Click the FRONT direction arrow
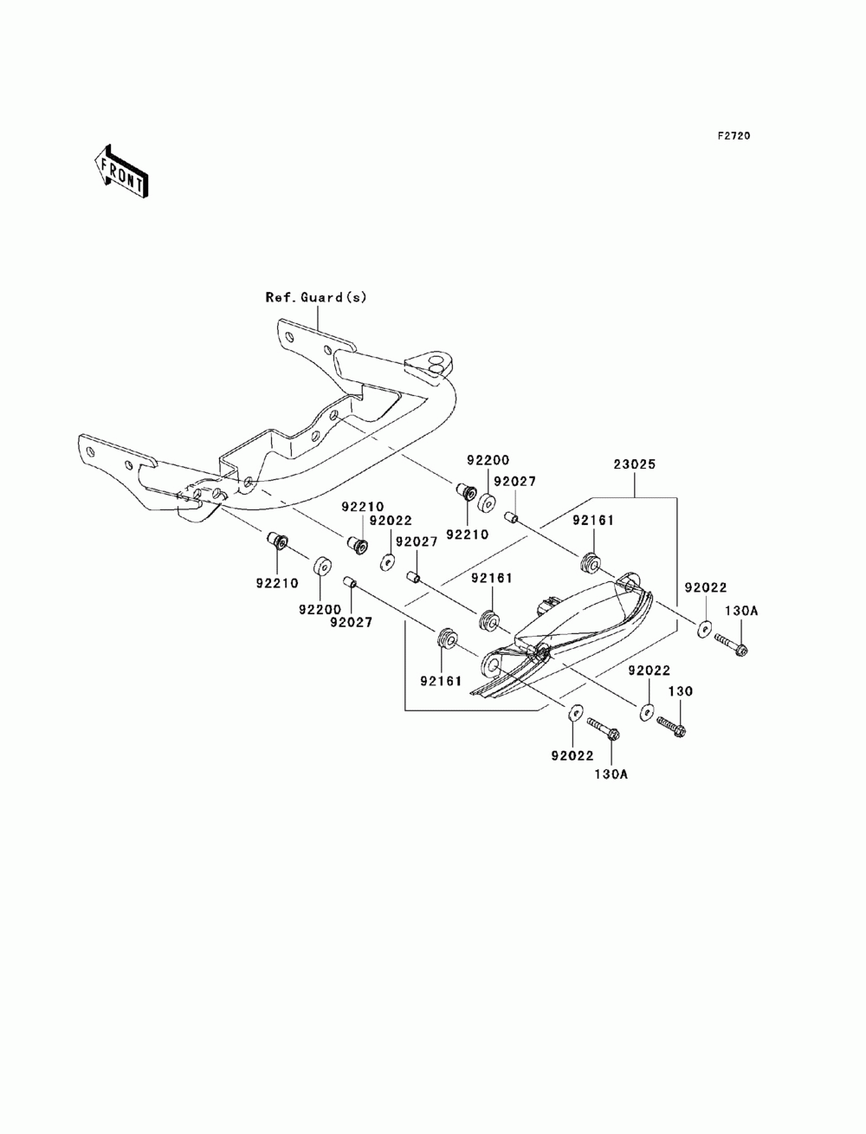point(121,171)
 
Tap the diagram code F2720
point(734,136)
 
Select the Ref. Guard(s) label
point(316,297)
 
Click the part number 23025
point(635,464)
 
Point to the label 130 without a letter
point(681,690)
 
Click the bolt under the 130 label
point(671,725)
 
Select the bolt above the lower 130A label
point(604,727)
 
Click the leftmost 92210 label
point(277,583)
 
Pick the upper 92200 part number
point(488,460)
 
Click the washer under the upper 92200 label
point(487,502)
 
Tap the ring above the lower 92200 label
point(321,565)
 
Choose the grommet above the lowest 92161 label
point(447,638)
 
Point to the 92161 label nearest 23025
point(593,521)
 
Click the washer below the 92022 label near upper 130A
point(706,629)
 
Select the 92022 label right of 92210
point(391,521)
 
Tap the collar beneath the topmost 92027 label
point(511,516)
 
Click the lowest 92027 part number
point(351,623)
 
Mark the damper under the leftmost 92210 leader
point(278,541)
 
